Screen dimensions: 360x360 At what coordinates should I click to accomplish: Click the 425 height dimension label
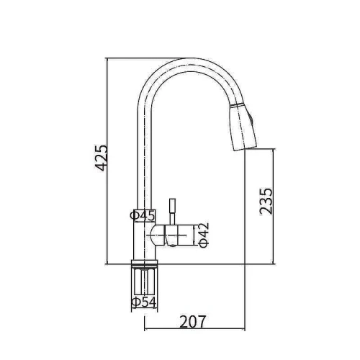[x=101, y=158]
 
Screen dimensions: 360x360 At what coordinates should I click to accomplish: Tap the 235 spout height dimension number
[x=266, y=202]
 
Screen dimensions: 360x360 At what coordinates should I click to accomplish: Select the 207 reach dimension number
[x=193, y=322]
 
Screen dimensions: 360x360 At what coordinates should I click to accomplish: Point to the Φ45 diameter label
[x=143, y=215]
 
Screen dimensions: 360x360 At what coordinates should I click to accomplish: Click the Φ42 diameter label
[x=204, y=235]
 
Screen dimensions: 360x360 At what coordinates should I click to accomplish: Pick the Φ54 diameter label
[x=144, y=302]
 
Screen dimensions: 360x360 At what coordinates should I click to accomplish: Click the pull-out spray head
[x=243, y=127]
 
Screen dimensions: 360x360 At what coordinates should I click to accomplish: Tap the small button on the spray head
[x=251, y=120]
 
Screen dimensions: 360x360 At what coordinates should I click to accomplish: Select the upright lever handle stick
[x=172, y=212]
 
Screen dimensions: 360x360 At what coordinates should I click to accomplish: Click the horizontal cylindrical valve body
[x=173, y=235]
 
